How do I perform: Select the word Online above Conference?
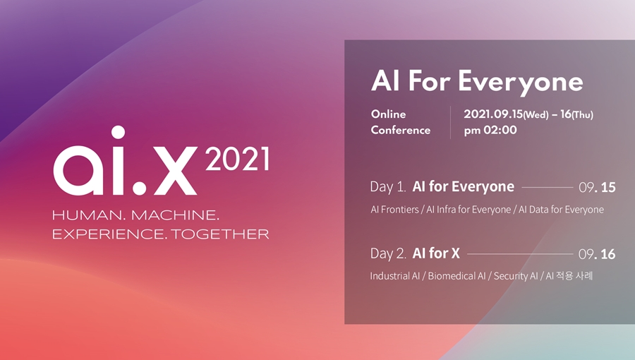(x=389, y=114)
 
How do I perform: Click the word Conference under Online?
(x=401, y=130)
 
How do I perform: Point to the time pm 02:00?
(x=490, y=130)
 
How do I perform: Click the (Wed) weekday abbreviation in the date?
(x=535, y=114)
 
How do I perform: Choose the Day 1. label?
(x=388, y=187)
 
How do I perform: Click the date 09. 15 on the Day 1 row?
(x=597, y=188)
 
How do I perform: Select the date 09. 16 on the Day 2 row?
(x=597, y=254)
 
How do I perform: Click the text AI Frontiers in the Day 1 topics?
(x=395, y=210)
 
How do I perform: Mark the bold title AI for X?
(x=436, y=253)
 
